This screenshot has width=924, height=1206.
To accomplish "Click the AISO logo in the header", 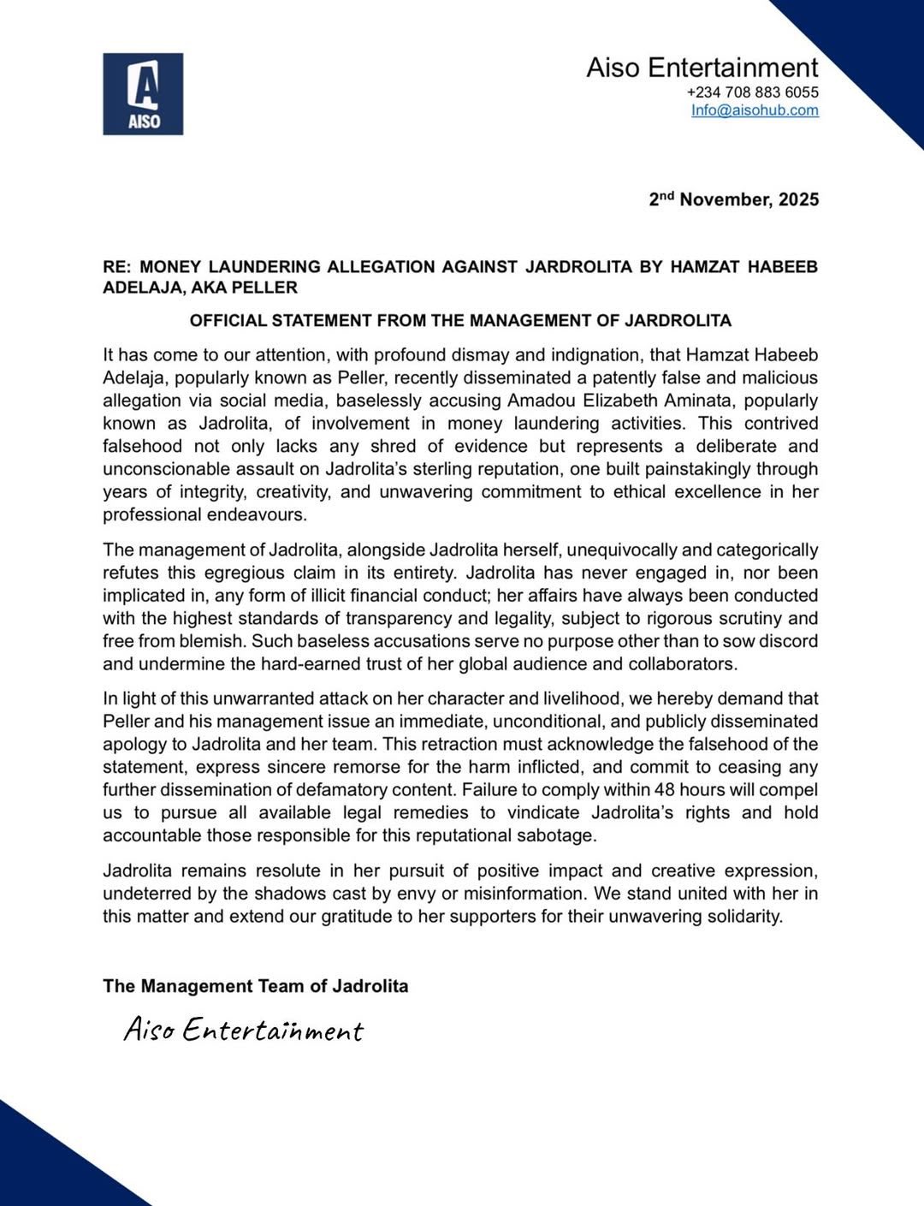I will [x=143, y=93].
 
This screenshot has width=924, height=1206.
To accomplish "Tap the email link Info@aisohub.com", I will [x=755, y=110].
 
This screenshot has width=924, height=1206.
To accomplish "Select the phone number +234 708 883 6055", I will [x=752, y=92].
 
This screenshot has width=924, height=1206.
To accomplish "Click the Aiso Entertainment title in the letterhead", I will [x=702, y=68].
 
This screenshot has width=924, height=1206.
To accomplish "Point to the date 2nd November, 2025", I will [x=733, y=199].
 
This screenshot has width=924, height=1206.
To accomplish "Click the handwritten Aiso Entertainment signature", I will [x=244, y=1030].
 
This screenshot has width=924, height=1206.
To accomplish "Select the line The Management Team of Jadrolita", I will [x=255, y=986].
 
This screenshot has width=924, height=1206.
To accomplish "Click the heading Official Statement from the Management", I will [x=460, y=321].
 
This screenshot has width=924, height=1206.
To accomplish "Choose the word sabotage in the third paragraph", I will [x=557, y=835].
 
